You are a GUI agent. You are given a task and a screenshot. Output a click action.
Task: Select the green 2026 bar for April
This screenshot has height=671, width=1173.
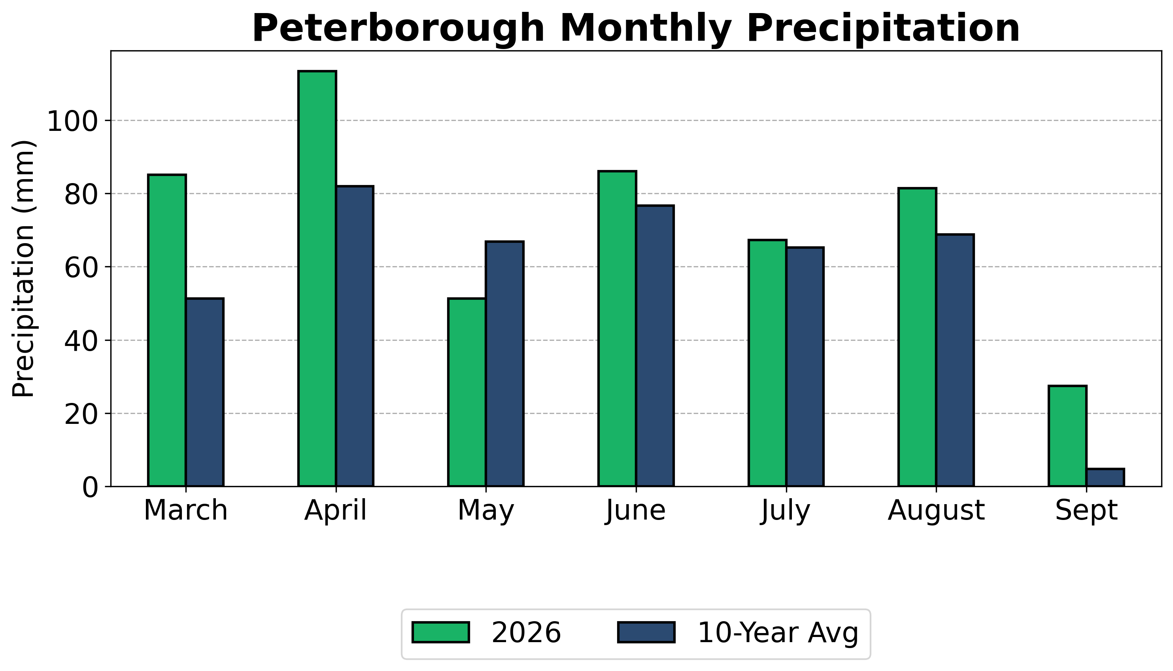[x=317, y=279]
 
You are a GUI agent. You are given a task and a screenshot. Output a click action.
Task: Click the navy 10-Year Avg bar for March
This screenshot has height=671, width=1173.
[x=204, y=393]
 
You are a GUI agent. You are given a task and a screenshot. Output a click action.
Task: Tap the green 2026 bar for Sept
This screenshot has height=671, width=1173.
[x=1067, y=436]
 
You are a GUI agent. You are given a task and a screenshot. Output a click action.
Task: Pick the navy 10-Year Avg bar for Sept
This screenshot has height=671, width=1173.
[x=1105, y=477]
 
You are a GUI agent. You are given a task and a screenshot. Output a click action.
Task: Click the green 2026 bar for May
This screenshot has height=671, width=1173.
[x=467, y=393]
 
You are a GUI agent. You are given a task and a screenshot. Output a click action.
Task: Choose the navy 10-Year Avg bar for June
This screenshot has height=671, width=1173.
[x=655, y=346]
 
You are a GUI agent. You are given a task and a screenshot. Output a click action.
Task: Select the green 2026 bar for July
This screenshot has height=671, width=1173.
[x=767, y=363]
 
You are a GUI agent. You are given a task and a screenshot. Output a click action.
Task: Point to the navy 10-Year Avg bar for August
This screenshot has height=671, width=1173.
[x=955, y=360]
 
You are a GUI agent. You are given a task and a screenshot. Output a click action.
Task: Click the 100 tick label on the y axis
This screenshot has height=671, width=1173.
[x=73, y=122]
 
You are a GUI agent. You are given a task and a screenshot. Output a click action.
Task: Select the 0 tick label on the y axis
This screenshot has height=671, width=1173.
[x=90, y=488]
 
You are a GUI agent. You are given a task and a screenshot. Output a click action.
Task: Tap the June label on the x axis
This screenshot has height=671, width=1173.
[x=636, y=512]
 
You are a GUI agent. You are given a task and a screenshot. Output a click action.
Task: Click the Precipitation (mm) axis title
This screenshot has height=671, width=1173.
[x=23, y=268]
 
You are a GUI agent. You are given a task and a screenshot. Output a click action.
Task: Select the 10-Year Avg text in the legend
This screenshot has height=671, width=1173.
[x=778, y=633]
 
